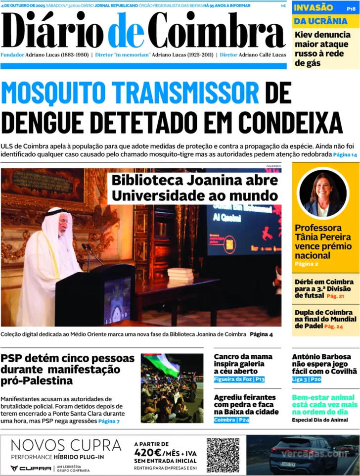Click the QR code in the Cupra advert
(x=223, y=455)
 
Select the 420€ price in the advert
(x=148, y=453)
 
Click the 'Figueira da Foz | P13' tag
(x=239, y=380)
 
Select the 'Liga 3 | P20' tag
(x=307, y=380)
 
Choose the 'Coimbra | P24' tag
(x=231, y=420)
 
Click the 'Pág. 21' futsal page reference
(x=335, y=296)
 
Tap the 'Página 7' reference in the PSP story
(x=109, y=421)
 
